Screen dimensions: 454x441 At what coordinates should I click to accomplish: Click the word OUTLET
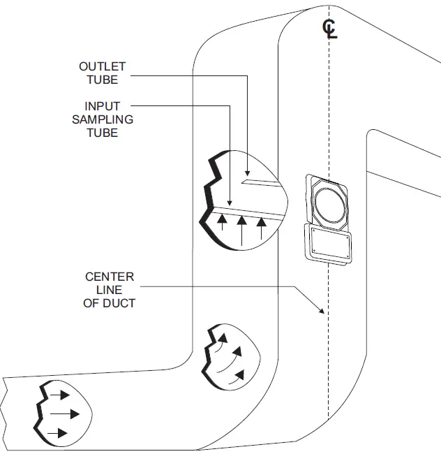pyautogui.click(x=102, y=66)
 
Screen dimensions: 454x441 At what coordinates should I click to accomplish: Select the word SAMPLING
pyautogui.click(x=103, y=119)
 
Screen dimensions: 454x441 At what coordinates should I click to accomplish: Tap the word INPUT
pyautogui.click(x=103, y=106)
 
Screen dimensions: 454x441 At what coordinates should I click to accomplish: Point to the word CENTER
pyautogui.click(x=110, y=277)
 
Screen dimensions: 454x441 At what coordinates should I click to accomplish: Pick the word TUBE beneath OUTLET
pyautogui.click(x=102, y=80)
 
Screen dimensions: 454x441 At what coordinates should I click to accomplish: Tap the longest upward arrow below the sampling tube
pyautogui.click(x=241, y=231)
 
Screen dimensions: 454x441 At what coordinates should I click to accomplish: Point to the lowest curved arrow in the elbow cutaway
pyautogui.click(x=237, y=376)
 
